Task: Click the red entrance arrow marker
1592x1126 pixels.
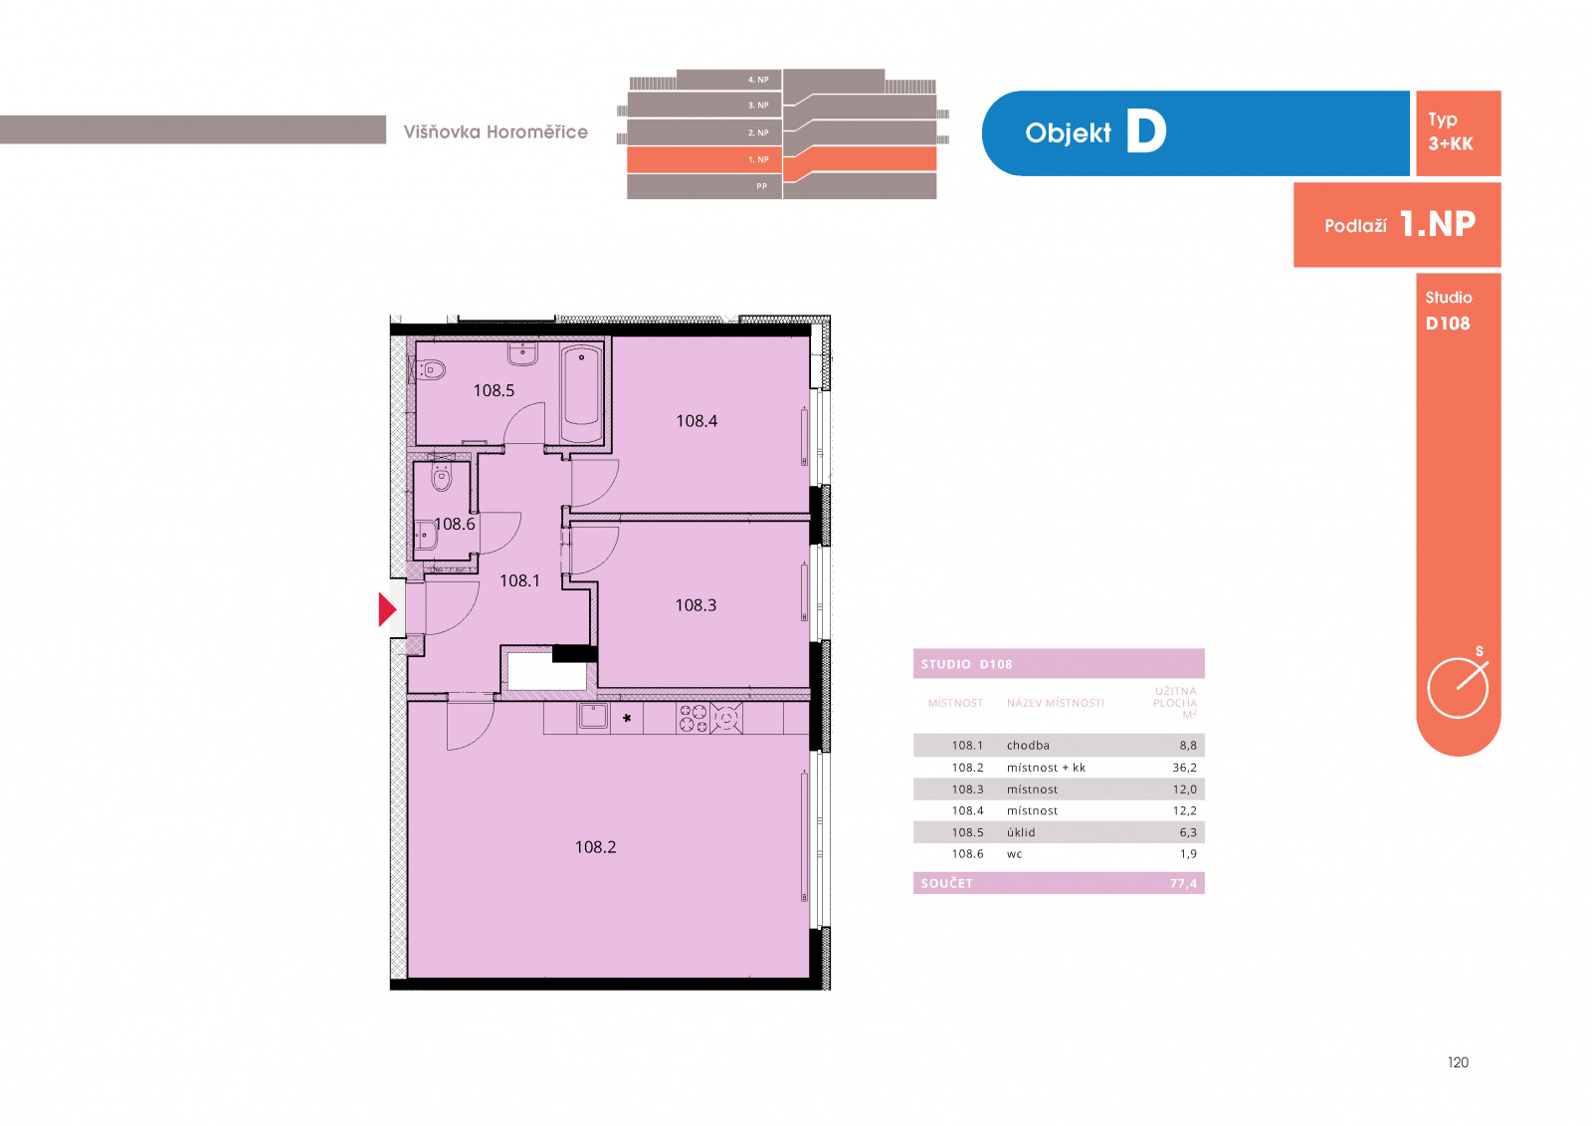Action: (x=387, y=609)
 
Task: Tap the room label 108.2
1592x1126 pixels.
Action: (x=595, y=846)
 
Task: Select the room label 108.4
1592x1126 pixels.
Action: (x=696, y=420)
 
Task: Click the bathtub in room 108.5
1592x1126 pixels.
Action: (x=581, y=392)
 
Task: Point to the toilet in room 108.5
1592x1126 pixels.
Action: (x=430, y=370)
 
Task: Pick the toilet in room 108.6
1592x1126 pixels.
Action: (x=442, y=478)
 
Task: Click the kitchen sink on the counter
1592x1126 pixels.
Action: (x=593, y=717)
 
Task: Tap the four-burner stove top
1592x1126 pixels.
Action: (x=693, y=719)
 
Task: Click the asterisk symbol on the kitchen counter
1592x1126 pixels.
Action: (x=627, y=719)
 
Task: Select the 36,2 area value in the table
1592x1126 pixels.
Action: (x=1184, y=768)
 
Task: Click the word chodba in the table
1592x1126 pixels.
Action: (x=1028, y=746)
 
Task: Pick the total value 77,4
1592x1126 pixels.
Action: (x=1183, y=883)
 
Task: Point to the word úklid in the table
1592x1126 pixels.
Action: (x=1021, y=832)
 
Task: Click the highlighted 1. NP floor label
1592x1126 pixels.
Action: (x=758, y=159)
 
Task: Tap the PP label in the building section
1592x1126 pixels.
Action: (x=762, y=186)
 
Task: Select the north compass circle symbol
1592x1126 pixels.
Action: (x=1458, y=688)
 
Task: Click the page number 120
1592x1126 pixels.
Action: (x=1458, y=1062)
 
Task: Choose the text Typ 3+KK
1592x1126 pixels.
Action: (x=1451, y=131)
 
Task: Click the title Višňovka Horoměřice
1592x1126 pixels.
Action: (x=496, y=131)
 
